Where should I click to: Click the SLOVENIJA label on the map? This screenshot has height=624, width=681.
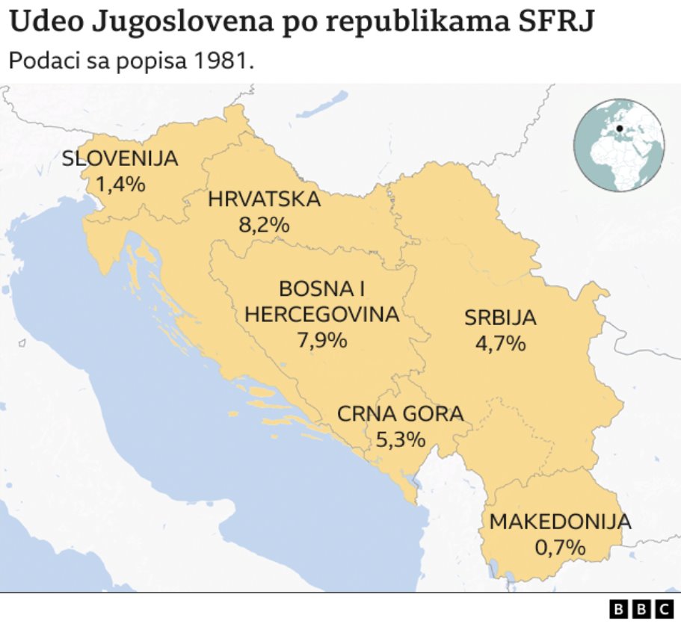pyautogui.click(x=120, y=158)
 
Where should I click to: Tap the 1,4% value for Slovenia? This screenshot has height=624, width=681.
pyautogui.click(x=120, y=184)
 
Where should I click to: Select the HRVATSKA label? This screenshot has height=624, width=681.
pyautogui.click(x=264, y=200)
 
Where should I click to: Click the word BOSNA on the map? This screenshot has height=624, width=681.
pyautogui.click(x=316, y=289)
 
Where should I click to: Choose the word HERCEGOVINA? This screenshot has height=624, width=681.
pyautogui.click(x=322, y=315)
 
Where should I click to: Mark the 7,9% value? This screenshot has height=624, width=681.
pyautogui.click(x=322, y=340)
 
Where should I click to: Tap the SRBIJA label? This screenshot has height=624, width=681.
pyautogui.click(x=500, y=318)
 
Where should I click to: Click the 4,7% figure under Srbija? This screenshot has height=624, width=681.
pyautogui.click(x=500, y=343)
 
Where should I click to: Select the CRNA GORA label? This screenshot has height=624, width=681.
pyautogui.click(x=401, y=413)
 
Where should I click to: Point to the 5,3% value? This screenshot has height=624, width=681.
pyautogui.click(x=401, y=439)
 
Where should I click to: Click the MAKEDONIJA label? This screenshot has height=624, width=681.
pyautogui.click(x=560, y=522)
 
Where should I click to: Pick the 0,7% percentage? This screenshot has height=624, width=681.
pyautogui.click(x=560, y=547)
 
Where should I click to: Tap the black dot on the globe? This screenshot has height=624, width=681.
pyautogui.click(x=620, y=128)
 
